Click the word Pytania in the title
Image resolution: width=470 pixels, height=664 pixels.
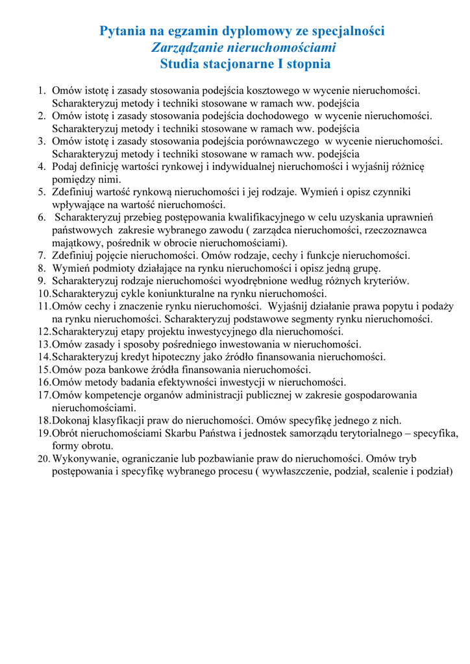click(x=123, y=31)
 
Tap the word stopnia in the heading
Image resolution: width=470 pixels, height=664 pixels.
click(x=305, y=64)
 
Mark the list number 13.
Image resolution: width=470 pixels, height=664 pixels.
click(x=43, y=344)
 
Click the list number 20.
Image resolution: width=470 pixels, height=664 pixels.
click(x=43, y=458)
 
